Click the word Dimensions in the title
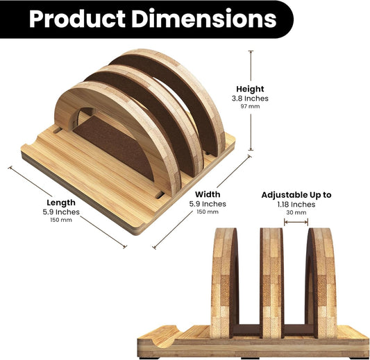(208, 18)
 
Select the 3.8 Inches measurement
(250, 98)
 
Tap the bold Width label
(208, 194)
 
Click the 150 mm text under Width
(208, 212)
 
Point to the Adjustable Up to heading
(296, 195)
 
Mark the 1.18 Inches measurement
(297, 205)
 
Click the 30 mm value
(297, 213)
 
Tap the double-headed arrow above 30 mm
(297, 223)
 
